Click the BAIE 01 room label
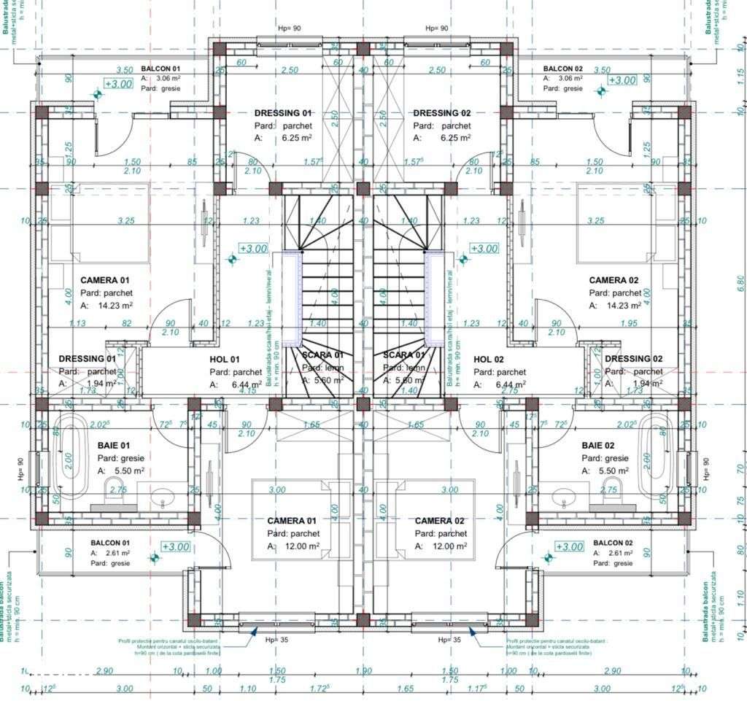pyautogui.click(x=113, y=445)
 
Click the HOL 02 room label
pyautogui.click(x=489, y=360)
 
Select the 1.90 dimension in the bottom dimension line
pyautogui.click(x=363, y=671)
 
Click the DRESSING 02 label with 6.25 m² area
pyautogui.click(x=442, y=113)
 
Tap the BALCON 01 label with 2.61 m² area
pyautogui.click(x=110, y=543)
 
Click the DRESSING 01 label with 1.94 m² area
pyautogui.click(x=87, y=359)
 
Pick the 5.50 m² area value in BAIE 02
pyautogui.click(x=612, y=471)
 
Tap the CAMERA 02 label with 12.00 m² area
pyautogui.click(x=439, y=521)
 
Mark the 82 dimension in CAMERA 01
pyautogui.click(x=127, y=323)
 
